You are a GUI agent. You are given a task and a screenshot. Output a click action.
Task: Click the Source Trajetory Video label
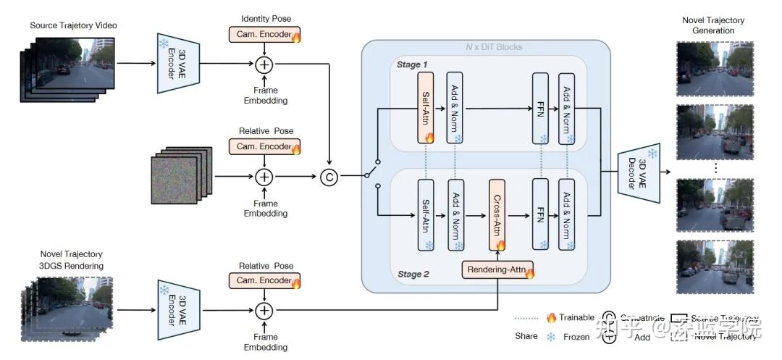tap(73, 26)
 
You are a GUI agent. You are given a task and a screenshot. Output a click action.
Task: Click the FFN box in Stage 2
tap(542, 214)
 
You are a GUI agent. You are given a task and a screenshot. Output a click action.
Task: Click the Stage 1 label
tap(412, 65)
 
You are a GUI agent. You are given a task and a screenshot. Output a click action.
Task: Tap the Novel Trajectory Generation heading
tap(712, 25)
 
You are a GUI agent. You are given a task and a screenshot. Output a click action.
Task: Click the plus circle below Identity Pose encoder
tap(264, 64)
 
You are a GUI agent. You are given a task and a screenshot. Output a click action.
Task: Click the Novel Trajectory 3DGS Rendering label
tap(72, 259)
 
